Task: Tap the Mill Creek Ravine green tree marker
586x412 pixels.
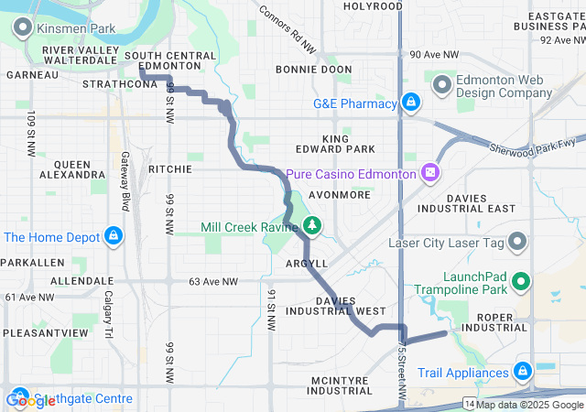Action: click(312, 224)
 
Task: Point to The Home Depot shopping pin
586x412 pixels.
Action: click(113, 236)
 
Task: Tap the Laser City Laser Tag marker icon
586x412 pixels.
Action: click(518, 243)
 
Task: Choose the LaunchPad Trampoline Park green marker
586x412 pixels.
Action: click(522, 282)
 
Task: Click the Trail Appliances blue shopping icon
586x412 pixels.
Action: click(522, 372)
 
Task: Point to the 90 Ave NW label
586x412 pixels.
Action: click(434, 55)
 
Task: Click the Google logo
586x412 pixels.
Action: click(31, 399)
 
